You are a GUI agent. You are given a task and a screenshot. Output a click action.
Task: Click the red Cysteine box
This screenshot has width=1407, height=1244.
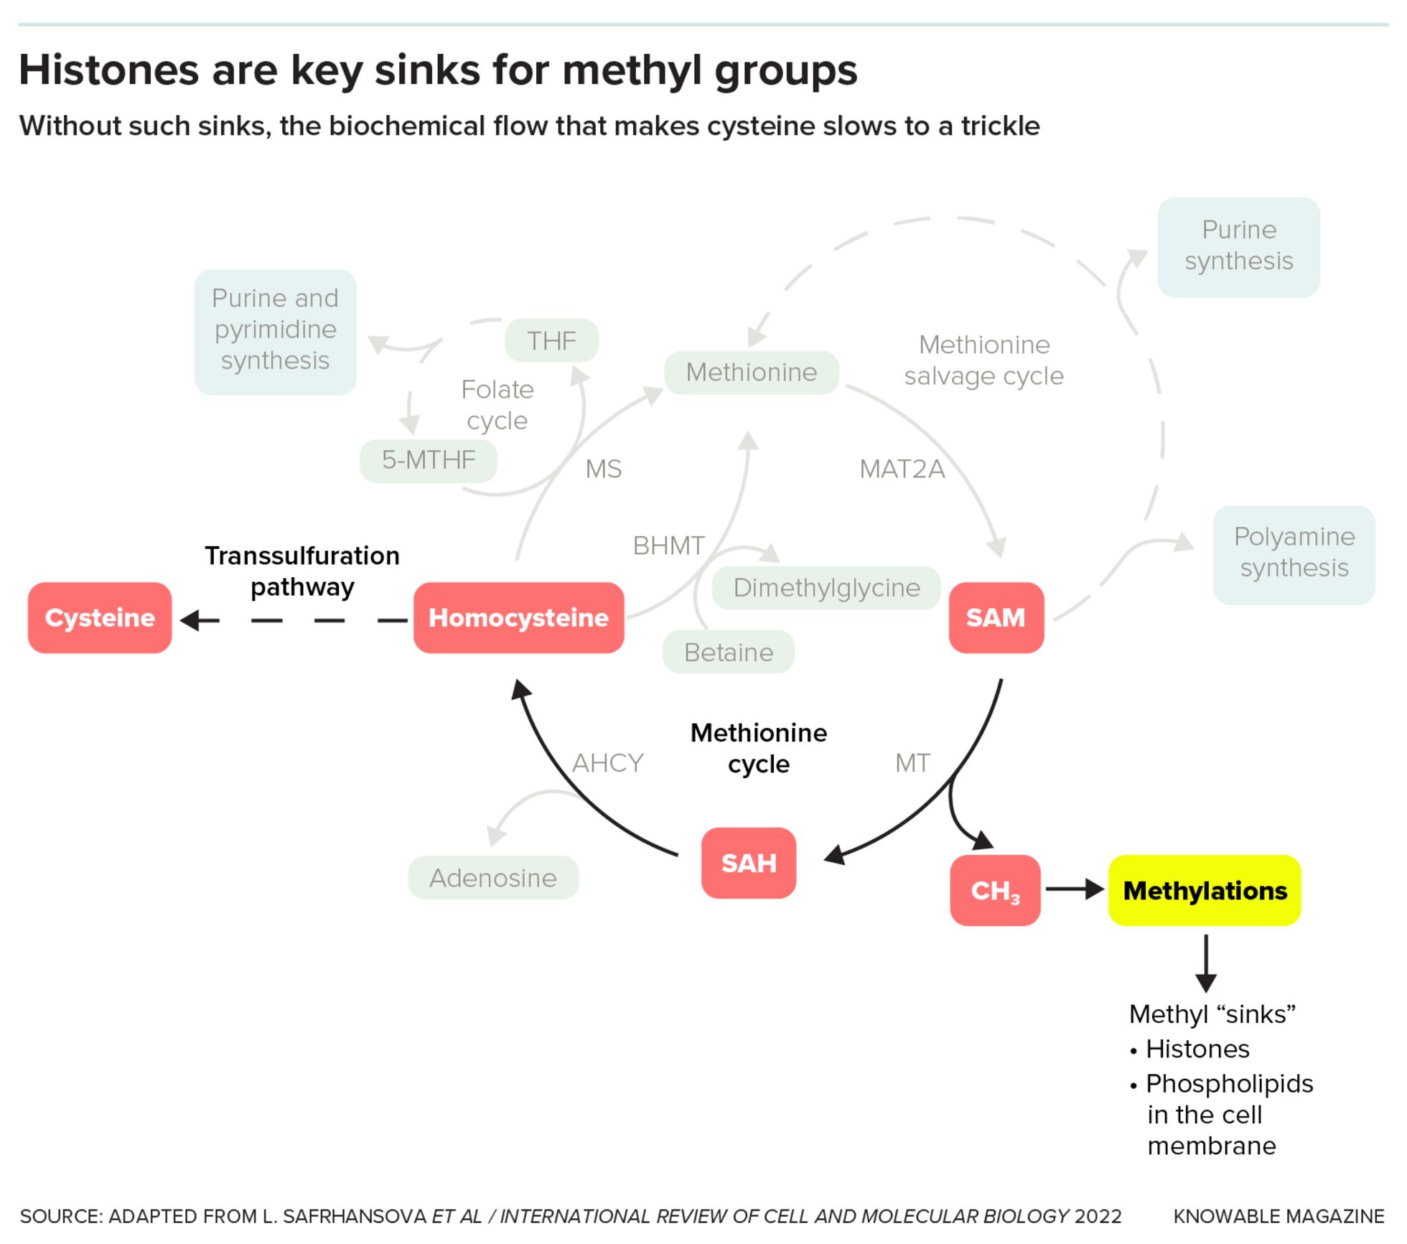tap(100, 617)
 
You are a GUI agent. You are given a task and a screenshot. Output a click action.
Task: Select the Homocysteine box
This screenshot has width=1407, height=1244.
tap(518, 617)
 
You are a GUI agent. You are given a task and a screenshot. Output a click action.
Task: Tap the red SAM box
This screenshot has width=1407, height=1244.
tap(996, 617)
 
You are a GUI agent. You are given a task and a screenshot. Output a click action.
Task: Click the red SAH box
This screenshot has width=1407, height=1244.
tap(748, 863)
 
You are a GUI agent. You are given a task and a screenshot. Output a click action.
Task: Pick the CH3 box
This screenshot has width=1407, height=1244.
tap(994, 890)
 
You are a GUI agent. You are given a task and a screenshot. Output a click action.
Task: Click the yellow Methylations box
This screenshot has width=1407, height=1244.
tap(1205, 890)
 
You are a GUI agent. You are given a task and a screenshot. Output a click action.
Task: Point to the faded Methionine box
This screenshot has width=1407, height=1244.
tap(751, 372)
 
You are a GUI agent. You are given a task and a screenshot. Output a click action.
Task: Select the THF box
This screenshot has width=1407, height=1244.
tap(551, 340)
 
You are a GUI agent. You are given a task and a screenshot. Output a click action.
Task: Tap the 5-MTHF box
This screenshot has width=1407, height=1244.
tap(429, 459)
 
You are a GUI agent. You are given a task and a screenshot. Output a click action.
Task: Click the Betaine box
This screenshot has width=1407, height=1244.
tap(728, 652)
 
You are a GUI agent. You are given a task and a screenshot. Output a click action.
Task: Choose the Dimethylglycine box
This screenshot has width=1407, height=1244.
tap(826, 587)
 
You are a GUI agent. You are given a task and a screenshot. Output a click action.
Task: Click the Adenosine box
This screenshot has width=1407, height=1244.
tap(493, 877)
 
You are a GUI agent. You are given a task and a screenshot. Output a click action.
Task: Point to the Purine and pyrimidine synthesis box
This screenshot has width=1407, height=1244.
tap(275, 331)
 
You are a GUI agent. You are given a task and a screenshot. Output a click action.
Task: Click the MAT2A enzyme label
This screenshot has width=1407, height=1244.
tap(902, 469)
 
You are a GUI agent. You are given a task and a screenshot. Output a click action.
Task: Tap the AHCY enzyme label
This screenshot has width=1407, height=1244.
tap(607, 762)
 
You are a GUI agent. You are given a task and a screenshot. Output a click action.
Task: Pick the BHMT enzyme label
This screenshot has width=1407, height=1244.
tap(668, 546)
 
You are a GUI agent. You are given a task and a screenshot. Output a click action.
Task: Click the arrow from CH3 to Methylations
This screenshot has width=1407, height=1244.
tap(1074, 889)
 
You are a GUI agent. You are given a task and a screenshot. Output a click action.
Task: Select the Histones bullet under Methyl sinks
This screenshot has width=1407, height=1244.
tap(1197, 1049)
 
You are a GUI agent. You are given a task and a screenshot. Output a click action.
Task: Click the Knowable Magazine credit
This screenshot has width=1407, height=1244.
tap(1279, 1216)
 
